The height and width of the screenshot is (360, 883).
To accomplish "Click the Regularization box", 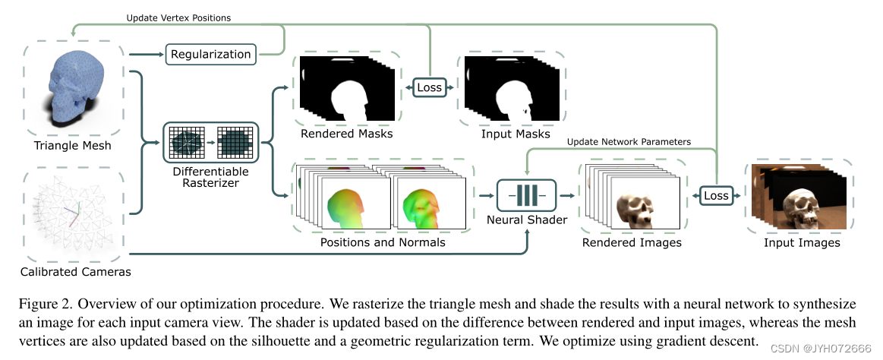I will click(210, 54).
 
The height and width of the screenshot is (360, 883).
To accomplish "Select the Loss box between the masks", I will click(429, 88).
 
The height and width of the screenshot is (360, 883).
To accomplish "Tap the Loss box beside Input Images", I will click(716, 195).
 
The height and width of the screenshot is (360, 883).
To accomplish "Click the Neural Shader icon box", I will click(526, 195).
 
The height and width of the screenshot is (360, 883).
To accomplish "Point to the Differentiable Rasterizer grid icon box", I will click(211, 141).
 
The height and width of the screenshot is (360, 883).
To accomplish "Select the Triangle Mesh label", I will click(73, 145).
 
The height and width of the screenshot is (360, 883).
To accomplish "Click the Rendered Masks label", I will click(346, 134).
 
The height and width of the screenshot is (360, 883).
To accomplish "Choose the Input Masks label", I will click(516, 134).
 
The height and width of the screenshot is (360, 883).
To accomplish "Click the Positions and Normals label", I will click(384, 242).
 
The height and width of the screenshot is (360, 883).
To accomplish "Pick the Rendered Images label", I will click(632, 242).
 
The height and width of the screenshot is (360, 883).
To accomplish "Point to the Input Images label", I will click(802, 242).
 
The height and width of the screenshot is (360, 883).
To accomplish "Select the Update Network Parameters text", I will click(629, 141).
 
